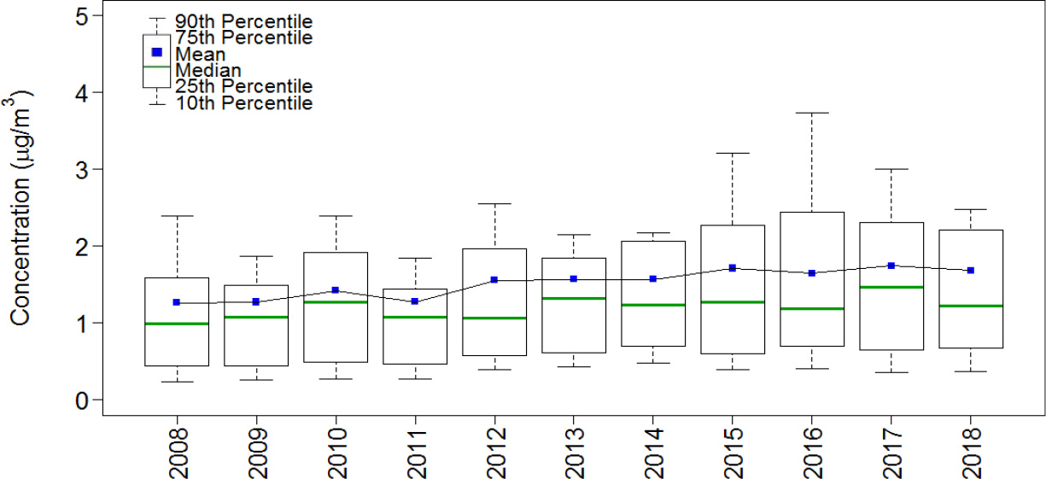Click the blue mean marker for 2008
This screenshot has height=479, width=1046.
pyautogui.click(x=177, y=302)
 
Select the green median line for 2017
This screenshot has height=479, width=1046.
pyautogui.click(x=891, y=288)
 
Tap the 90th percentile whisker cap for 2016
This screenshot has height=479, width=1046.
pyautogui.click(x=811, y=113)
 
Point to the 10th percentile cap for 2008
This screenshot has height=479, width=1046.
pyautogui.click(x=177, y=382)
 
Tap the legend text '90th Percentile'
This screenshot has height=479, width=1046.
pyautogui.click(x=243, y=21)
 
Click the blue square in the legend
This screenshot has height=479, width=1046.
pyautogui.click(x=156, y=52)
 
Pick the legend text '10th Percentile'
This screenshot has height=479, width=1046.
pyautogui.click(x=243, y=103)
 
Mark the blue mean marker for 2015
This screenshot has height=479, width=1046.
pyautogui.click(x=732, y=268)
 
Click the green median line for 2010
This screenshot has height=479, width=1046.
pyautogui.click(x=335, y=302)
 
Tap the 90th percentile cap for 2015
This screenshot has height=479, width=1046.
pyautogui.click(x=732, y=153)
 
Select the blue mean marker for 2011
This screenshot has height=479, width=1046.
pyautogui.click(x=415, y=301)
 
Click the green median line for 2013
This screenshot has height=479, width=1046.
pyautogui.click(x=573, y=298)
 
